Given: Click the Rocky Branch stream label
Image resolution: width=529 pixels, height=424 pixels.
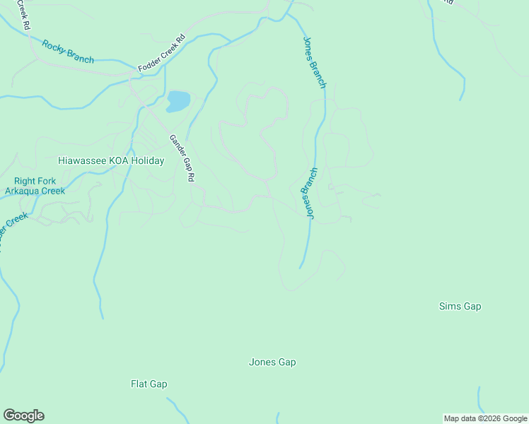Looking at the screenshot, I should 68,52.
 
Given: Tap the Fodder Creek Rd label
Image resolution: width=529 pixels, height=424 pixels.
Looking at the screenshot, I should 161,53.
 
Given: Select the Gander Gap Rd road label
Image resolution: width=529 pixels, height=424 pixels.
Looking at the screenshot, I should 181,159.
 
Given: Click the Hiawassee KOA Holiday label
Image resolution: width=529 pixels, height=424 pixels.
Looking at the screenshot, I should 111,161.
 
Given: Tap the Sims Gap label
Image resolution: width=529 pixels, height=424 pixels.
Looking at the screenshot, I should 460,306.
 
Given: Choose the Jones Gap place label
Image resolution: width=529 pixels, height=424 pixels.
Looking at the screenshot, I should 272,363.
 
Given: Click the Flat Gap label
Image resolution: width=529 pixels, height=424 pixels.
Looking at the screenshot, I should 149,384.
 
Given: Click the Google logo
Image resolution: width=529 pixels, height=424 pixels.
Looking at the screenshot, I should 23,416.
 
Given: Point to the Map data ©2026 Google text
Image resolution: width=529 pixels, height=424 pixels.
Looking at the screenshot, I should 484,418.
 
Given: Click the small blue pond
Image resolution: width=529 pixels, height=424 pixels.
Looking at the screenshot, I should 178,101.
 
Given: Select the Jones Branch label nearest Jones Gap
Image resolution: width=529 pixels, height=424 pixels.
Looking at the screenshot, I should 310,192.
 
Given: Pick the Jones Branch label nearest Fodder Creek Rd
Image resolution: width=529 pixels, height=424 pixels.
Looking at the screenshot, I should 314,62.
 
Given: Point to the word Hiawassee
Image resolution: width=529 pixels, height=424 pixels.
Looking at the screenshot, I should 81,161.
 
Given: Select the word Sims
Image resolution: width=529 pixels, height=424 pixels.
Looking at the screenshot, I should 450,306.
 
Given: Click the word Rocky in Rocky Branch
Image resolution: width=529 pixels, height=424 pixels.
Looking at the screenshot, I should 54,47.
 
